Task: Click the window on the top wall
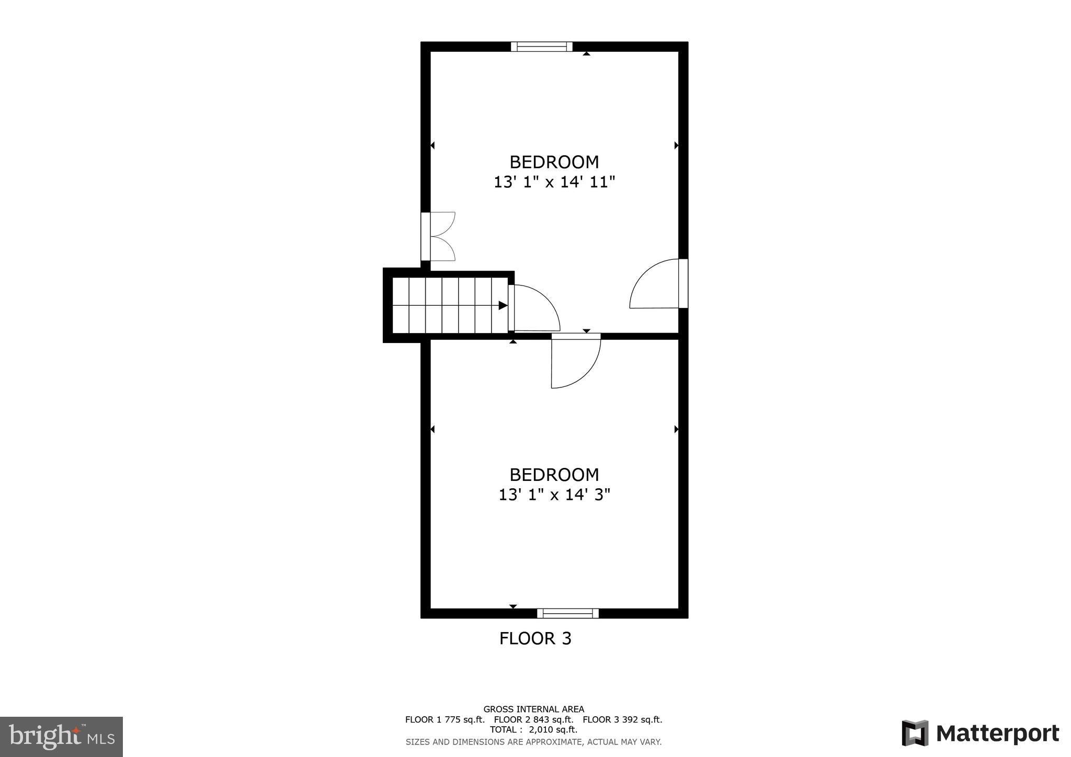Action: click(x=541, y=47)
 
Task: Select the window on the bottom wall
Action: click(x=567, y=613)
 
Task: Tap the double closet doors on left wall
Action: click(x=438, y=236)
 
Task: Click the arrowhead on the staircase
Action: click(x=503, y=305)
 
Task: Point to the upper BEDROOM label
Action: click(x=554, y=162)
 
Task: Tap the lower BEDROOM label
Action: click(x=554, y=475)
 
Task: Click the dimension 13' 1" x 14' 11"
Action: click(x=554, y=182)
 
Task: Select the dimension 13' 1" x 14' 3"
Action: click(x=554, y=495)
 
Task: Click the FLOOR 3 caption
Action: click(x=535, y=638)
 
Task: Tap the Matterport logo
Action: click(x=980, y=733)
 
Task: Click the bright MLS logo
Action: click(x=61, y=737)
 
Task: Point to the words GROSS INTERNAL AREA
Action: click(x=533, y=709)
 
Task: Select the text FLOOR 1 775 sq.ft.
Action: click(x=445, y=719)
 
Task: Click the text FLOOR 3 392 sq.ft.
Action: click(x=622, y=719)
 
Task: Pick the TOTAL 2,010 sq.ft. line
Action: click(x=533, y=729)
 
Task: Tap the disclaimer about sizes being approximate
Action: click(x=533, y=742)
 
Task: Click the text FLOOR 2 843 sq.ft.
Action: click(x=533, y=719)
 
